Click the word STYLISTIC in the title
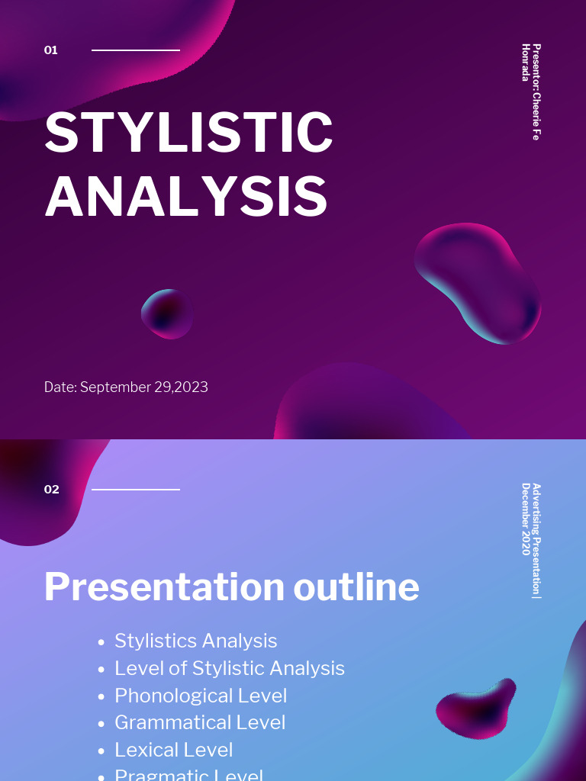tap(188, 133)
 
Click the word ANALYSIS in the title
tap(186, 197)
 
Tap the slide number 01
tap(51, 50)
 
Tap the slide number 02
tap(51, 490)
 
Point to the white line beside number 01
tap(136, 50)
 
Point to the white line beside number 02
tap(136, 490)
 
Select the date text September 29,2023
tap(126, 387)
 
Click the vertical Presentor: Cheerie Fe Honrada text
tap(531, 92)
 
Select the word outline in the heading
tap(356, 587)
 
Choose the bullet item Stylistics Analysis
tap(195, 641)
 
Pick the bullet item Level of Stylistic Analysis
tap(229, 668)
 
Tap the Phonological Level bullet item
tap(201, 696)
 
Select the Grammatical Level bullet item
tap(200, 722)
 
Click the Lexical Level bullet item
tap(173, 750)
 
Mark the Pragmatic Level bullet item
tap(188, 775)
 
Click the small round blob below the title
tap(167, 313)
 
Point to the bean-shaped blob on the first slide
tap(479, 282)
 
